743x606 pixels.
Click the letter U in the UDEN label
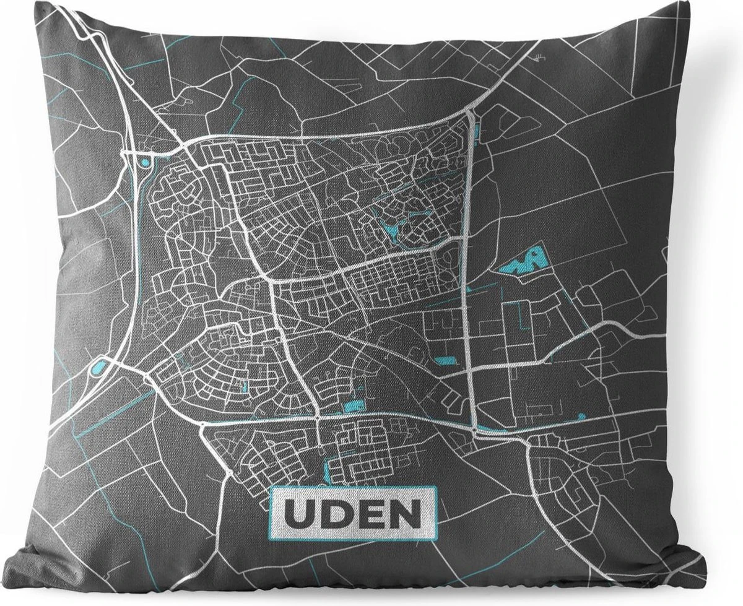(x=300, y=513)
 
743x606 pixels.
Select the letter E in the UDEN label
(x=370, y=513)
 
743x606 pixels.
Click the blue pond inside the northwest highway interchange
(x=144, y=163)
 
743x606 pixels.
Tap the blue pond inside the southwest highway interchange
(x=98, y=370)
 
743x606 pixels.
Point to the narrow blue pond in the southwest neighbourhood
(x=245, y=387)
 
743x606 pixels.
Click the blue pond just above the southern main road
(x=351, y=407)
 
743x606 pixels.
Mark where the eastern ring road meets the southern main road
(x=474, y=429)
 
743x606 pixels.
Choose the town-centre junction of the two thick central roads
(x=273, y=281)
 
